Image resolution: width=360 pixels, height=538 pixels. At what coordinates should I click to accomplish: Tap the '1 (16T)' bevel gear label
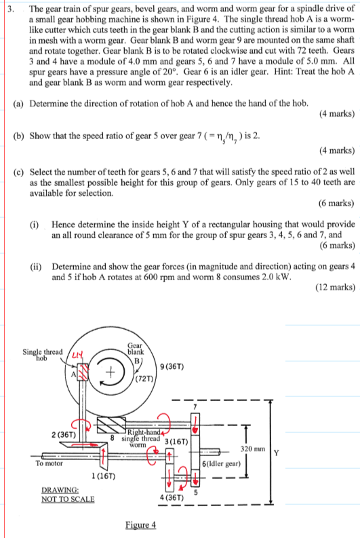click(x=104, y=476)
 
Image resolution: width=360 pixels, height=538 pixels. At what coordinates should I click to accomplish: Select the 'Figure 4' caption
click(x=140, y=524)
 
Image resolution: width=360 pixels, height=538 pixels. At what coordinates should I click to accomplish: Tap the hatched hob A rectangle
click(x=84, y=372)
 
